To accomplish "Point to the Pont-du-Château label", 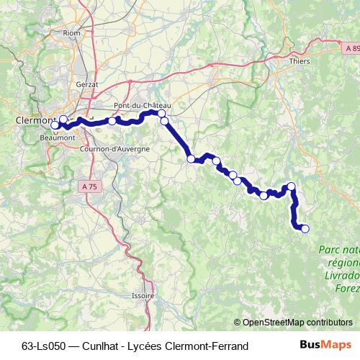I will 142,105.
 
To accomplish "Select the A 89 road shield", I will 351,48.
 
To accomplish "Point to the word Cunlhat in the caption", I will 95,346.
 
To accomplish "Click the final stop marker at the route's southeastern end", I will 305,229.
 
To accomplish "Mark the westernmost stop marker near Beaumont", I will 55,125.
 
